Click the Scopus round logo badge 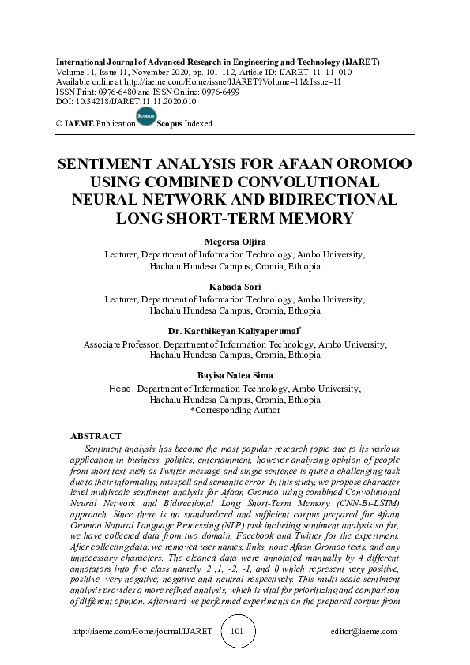[146, 118]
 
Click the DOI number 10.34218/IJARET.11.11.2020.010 [133, 101]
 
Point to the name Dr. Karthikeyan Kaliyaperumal [234, 332]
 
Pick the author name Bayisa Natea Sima [234, 375]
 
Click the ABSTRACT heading [96, 436]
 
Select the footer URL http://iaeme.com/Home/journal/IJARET [142, 633]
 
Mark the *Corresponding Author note [235, 411]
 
